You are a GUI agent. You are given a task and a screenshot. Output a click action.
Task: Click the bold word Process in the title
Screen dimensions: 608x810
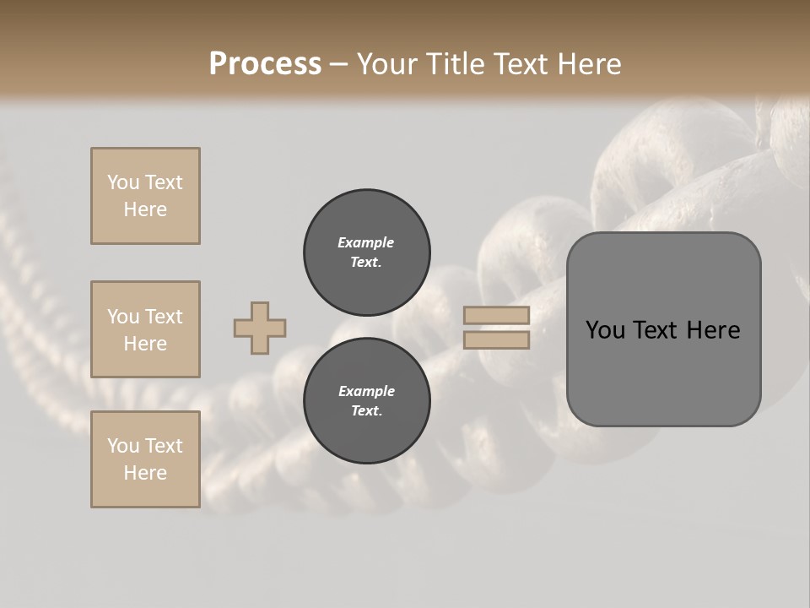click(265, 64)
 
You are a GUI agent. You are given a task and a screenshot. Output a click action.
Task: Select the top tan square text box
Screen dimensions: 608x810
click(145, 196)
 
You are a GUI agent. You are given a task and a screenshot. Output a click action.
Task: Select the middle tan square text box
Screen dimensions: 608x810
click(145, 329)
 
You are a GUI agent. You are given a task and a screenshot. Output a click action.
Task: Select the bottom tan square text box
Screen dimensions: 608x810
click(145, 459)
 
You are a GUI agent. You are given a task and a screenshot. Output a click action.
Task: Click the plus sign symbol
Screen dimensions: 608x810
click(260, 328)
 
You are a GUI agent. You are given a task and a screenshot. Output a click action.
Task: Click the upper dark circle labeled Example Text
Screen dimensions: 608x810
click(367, 252)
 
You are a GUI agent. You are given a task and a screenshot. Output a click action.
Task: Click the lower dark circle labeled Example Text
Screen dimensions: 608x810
click(367, 400)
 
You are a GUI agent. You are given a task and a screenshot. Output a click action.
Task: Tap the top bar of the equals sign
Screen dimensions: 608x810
click(497, 315)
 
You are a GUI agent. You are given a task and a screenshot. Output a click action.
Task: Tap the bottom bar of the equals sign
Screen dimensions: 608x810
click(497, 340)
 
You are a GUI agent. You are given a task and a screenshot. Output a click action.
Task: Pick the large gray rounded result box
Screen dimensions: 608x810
click(664, 328)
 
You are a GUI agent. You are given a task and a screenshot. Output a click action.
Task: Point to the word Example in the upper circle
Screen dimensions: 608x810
click(366, 242)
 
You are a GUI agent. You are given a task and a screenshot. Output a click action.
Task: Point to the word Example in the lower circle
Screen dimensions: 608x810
click(366, 391)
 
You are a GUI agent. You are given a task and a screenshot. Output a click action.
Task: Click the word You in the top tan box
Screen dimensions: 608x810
click(123, 182)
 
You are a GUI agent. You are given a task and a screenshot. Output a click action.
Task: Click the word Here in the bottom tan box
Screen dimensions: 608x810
click(145, 473)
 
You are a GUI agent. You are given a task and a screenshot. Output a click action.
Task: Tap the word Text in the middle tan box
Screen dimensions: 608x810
click(163, 317)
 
